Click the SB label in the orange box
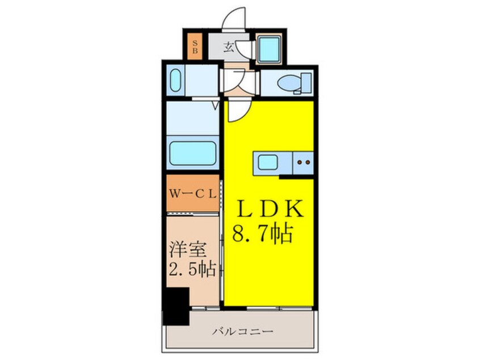(195, 47)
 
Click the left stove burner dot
(300, 163)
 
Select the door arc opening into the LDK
(236, 111)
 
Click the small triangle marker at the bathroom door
(216, 105)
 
